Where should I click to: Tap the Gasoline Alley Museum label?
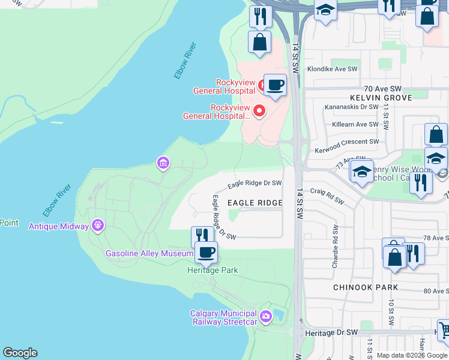click(x=149, y=253)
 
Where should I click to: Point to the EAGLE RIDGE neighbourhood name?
click(x=255, y=203)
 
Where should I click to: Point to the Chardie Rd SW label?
click(x=335, y=246)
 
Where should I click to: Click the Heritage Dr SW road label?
click(x=331, y=332)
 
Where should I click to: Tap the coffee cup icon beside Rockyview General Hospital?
click(x=275, y=85)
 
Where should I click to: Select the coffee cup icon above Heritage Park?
click(x=206, y=252)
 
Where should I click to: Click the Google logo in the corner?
click(x=20, y=353)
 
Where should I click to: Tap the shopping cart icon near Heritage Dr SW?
click(x=444, y=329)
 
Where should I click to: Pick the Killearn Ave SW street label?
click(x=353, y=125)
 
